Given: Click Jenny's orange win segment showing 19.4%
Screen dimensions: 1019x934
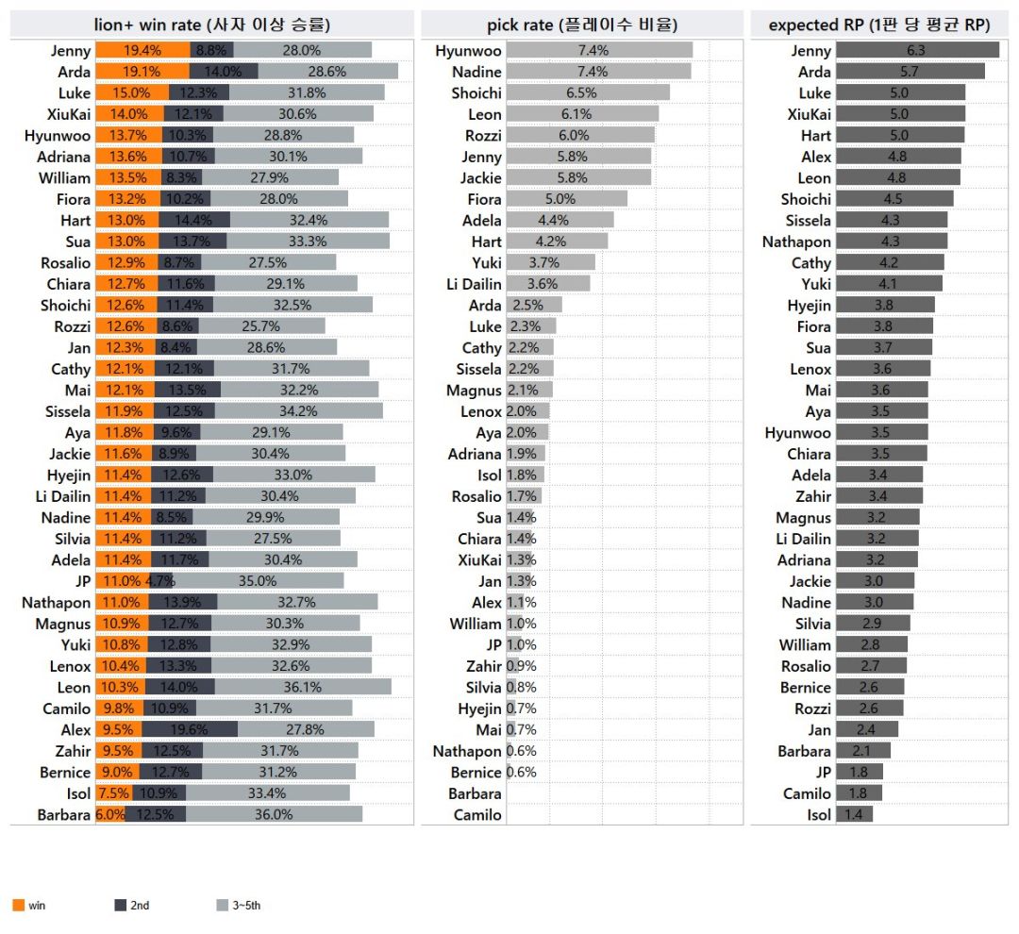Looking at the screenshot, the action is point(143,50).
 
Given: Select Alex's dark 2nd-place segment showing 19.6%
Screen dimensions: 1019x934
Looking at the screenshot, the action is point(190,729).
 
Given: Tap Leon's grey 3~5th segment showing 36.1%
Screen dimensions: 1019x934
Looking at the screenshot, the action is point(303,687).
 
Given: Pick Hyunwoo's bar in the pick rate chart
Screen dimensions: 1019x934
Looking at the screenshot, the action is point(599,50).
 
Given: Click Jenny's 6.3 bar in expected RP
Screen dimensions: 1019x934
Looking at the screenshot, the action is point(918,50).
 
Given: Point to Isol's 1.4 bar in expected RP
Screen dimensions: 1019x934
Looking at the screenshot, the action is point(855,814).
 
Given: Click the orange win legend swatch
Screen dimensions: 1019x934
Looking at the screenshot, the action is point(18,905).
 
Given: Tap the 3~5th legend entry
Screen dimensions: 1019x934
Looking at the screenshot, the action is point(239,905).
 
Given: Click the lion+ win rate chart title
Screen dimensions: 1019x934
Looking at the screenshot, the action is point(212,25).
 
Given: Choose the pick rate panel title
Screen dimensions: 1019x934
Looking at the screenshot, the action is point(582,25).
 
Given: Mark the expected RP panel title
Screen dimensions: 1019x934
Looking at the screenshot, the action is point(879,25).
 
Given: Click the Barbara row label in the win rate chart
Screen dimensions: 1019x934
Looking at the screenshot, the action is point(64,814).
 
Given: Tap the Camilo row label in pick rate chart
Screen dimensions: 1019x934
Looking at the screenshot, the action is point(477,814).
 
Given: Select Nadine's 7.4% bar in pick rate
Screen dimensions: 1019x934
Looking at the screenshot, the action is point(598,72).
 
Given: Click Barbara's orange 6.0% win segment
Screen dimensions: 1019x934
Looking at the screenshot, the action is point(110,814).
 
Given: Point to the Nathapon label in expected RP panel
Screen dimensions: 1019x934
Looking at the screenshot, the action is point(796,242).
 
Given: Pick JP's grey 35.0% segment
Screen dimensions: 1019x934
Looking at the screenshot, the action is point(258,580).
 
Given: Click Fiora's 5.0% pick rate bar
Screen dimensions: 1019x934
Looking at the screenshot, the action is point(567,199).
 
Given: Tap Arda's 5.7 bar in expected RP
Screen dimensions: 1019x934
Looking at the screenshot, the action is point(910,72).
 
